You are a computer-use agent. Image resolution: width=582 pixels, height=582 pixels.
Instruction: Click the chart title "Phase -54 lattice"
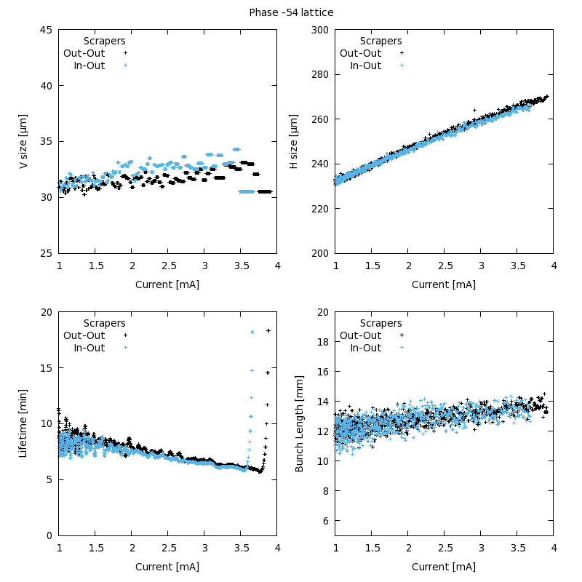(291, 12)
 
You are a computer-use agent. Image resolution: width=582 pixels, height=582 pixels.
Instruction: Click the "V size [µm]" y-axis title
(23, 141)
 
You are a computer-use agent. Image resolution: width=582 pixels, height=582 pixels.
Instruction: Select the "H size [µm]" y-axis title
(294, 141)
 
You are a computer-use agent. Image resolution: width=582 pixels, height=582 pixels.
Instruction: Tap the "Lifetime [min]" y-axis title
(23, 423)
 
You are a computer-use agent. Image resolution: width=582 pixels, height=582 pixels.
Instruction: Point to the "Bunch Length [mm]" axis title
(299, 423)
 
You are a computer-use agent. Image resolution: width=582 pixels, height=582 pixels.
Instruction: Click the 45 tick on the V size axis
(46, 30)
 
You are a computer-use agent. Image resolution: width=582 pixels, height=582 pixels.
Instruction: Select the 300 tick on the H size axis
(319, 30)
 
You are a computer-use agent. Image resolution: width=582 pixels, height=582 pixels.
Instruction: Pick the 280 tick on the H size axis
(319, 74)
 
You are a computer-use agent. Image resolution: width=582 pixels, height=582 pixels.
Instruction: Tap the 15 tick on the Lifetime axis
(46, 368)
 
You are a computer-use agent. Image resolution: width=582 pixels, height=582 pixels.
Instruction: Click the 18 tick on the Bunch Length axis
(322, 342)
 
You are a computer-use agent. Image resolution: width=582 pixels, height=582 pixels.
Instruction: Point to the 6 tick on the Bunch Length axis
(325, 521)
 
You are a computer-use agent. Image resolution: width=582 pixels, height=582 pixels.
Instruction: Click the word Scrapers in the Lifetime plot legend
(105, 323)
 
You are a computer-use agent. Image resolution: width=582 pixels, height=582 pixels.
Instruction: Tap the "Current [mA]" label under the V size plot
(167, 284)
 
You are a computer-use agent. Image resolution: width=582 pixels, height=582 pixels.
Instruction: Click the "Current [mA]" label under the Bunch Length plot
(444, 567)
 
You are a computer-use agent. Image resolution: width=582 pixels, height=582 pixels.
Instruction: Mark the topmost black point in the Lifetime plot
(268, 331)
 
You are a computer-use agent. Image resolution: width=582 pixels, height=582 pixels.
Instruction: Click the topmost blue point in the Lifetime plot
(252, 332)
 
